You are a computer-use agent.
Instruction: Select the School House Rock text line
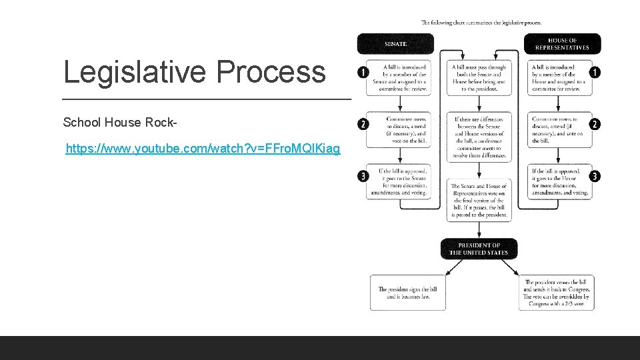120,123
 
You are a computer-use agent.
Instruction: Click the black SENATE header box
395,44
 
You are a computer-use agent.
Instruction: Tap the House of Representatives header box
563,44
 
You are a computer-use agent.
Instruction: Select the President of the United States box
479,249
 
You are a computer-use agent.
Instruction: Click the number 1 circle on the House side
595,72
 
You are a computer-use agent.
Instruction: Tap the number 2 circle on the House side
595,124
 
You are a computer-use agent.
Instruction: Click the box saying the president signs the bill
407,293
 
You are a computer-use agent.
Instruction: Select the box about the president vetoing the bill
556,293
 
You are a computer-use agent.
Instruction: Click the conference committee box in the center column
479,137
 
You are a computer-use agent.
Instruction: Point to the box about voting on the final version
479,200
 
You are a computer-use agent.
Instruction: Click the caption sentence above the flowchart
481,23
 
